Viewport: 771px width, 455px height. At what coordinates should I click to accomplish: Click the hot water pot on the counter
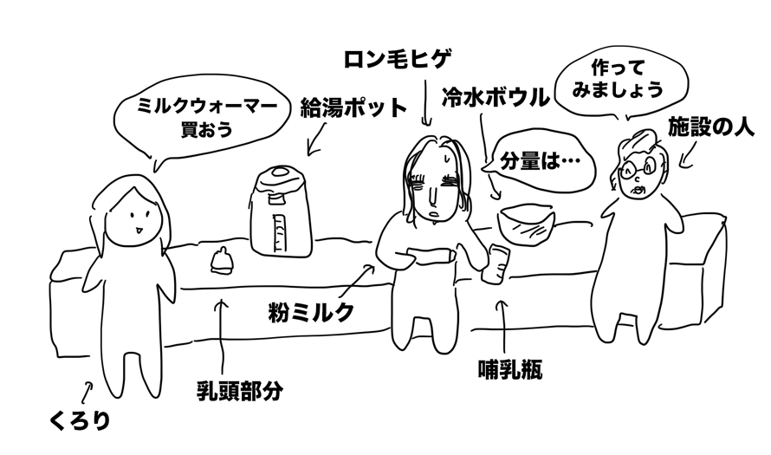pos(281,211)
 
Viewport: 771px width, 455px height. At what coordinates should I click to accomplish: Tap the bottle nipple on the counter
pos(221,260)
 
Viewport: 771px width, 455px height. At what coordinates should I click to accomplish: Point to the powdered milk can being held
pos(431,257)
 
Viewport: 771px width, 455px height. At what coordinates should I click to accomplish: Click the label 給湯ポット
pos(353,107)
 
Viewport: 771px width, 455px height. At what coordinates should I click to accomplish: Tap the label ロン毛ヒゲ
pos(397,60)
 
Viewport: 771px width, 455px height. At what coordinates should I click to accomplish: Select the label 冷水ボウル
pos(495,97)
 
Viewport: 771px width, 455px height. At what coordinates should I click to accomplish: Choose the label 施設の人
pos(710,127)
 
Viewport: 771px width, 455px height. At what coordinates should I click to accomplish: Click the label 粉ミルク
pos(311,312)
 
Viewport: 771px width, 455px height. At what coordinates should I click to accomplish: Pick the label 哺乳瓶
pos(510,369)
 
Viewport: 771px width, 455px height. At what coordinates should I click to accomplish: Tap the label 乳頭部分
pos(239,391)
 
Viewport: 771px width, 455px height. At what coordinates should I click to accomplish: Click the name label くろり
pos(79,420)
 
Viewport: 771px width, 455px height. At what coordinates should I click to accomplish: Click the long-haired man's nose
pos(431,196)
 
